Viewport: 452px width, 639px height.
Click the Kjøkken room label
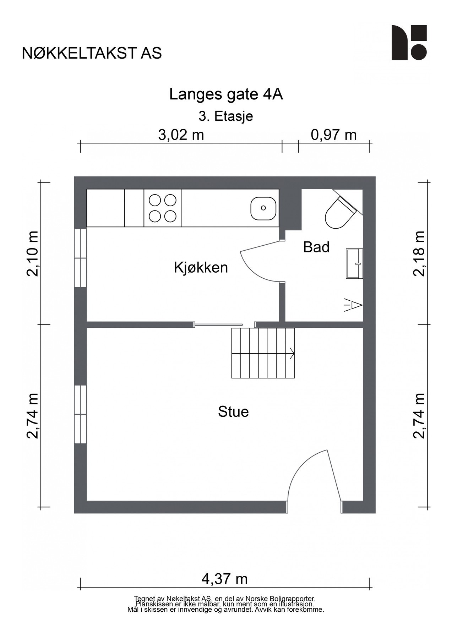[201, 268]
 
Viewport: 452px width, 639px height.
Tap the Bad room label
[316, 247]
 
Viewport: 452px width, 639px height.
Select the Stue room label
[233, 412]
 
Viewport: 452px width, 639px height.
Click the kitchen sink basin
[263, 208]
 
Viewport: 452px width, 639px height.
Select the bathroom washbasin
[355, 263]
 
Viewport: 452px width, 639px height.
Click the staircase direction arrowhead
[292, 353]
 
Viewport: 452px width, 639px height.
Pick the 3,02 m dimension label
[181, 135]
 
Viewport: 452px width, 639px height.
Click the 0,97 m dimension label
[334, 135]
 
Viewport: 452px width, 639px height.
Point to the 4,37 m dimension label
[224, 579]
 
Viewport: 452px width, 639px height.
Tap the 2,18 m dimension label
[419, 253]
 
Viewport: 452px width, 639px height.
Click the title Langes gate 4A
[226, 94]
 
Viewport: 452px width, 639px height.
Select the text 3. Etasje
[226, 116]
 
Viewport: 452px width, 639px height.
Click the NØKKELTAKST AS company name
[92, 53]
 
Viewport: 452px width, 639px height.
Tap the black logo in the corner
[409, 43]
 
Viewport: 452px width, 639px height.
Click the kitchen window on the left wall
[81, 258]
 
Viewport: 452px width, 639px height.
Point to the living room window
[81, 414]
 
